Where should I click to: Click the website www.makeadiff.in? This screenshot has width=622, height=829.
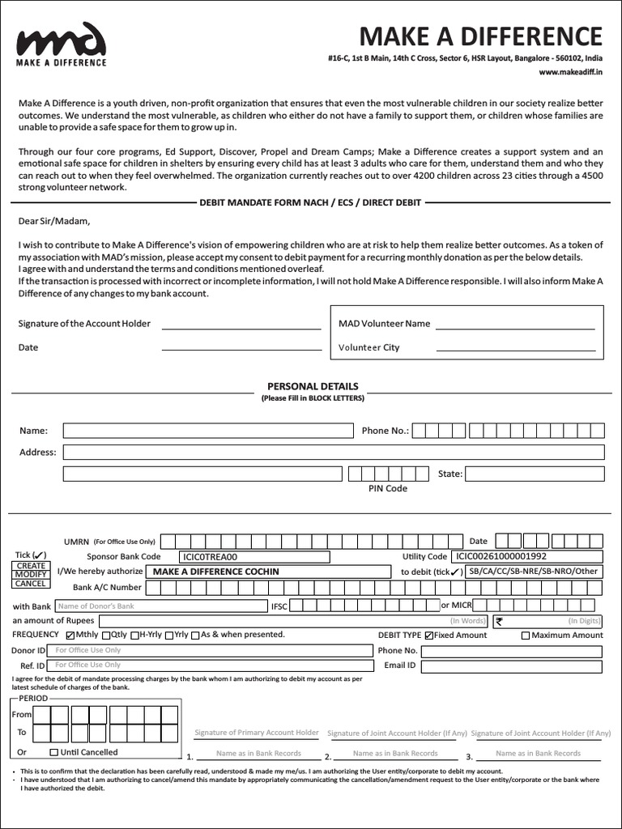click(x=571, y=72)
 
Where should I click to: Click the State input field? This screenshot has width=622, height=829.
click(x=534, y=474)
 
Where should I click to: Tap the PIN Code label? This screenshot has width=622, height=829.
click(x=388, y=488)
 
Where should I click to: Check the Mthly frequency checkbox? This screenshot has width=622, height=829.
click(x=70, y=636)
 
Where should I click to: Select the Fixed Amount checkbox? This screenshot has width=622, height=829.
click(x=429, y=636)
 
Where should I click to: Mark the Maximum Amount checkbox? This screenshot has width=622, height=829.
click(x=526, y=636)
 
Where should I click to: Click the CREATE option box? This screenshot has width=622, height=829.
click(x=31, y=566)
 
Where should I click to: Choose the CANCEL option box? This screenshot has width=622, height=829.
click(x=31, y=583)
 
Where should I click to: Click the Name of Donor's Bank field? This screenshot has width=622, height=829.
click(x=160, y=606)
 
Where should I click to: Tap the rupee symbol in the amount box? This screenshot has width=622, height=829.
click(x=499, y=621)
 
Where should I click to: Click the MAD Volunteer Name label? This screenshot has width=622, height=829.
click(x=384, y=324)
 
